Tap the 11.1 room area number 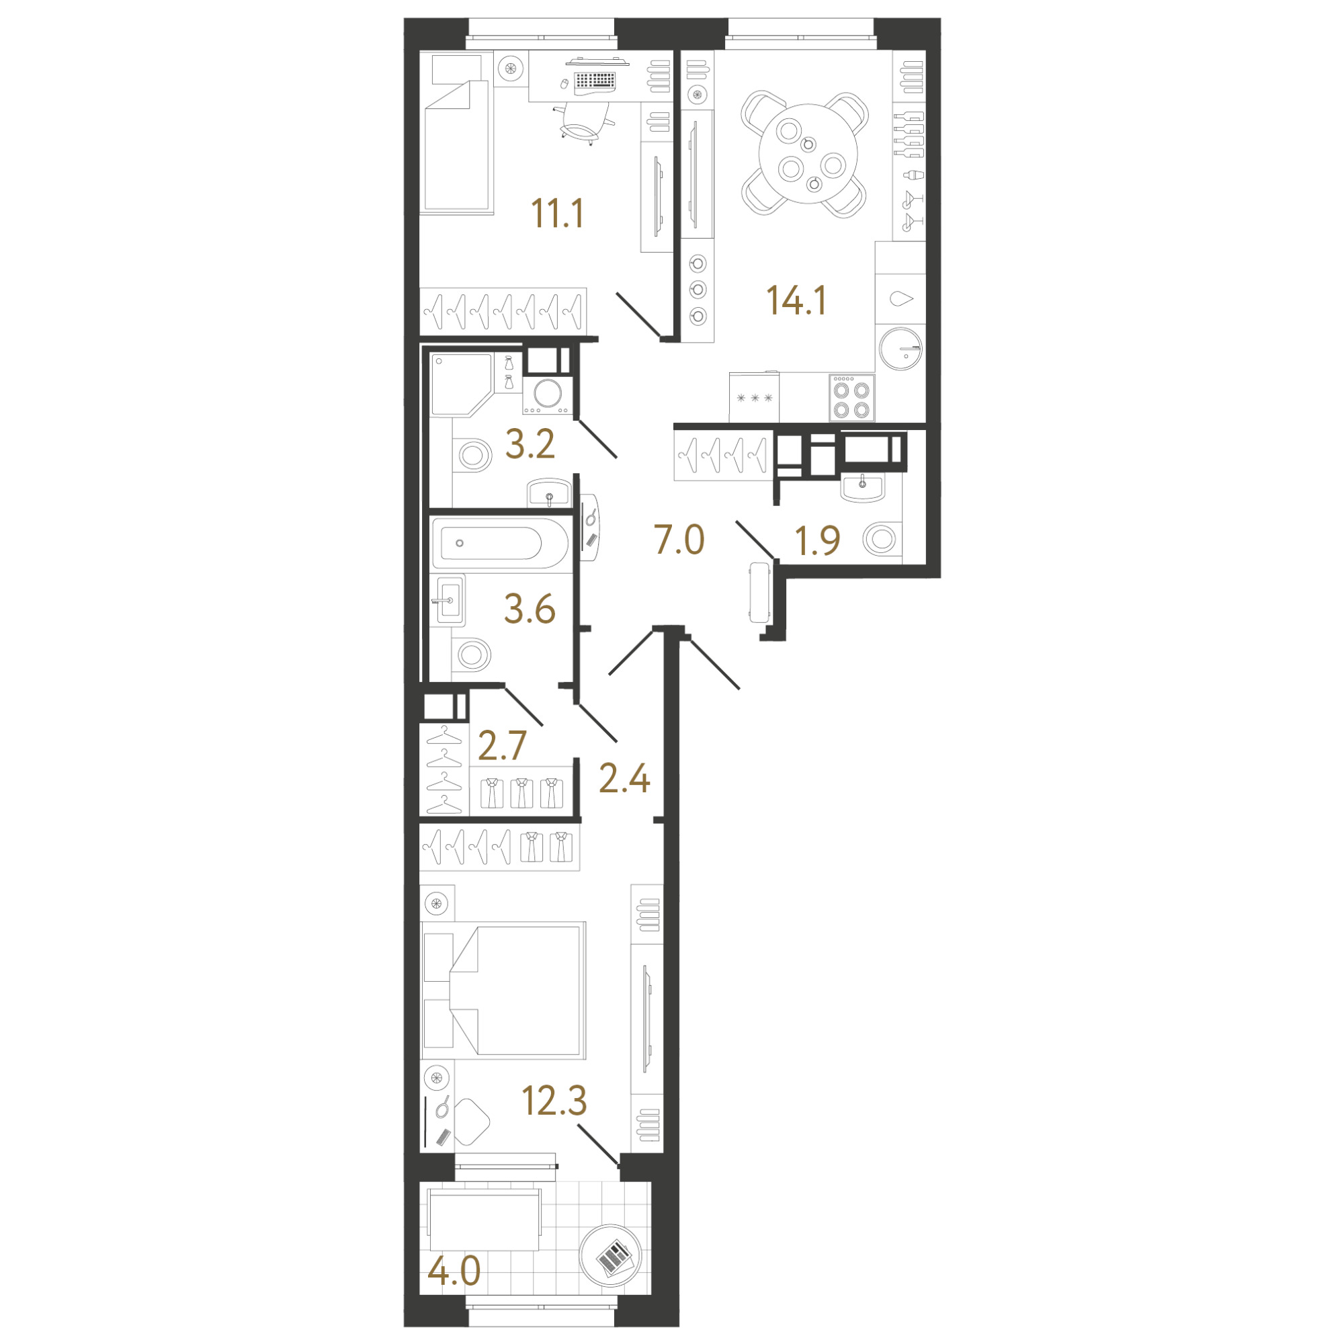tap(557, 214)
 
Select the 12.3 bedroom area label tap(554, 1101)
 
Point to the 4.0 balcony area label tap(454, 1272)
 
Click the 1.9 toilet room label tap(817, 540)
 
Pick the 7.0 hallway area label tap(679, 540)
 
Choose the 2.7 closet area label tap(502, 746)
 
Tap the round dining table tap(808, 153)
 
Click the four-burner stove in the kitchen tap(851, 398)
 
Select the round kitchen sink tap(901, 349)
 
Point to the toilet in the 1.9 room tap(881, 539)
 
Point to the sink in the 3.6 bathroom tap(448, 600)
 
